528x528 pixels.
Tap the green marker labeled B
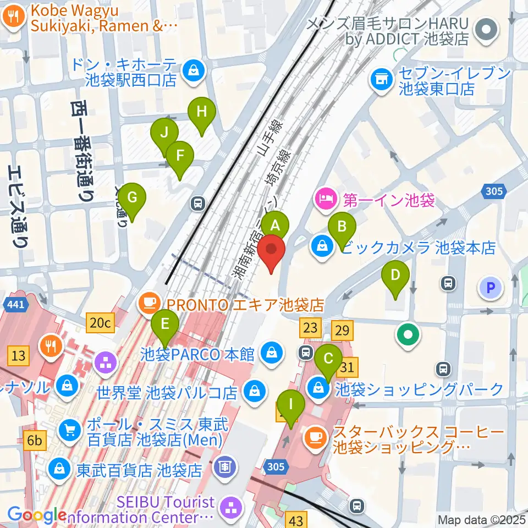342,226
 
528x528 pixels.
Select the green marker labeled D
395,274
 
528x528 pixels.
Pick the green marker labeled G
132,197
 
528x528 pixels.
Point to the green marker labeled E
164,324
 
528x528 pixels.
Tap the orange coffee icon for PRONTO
149,302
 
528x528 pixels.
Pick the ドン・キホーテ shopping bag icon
194,70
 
